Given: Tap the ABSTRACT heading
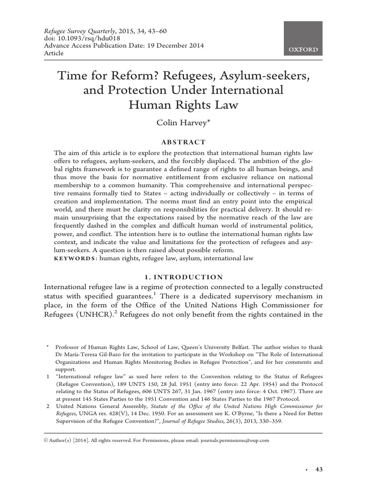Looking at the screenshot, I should pyautogui.click(x=183, y=142).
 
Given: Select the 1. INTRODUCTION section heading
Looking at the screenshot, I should pyautogui.click(x=183, y=277).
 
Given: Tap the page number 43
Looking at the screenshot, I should pyautogui.click(x=319, y=469).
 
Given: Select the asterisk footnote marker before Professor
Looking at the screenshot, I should pyautogui.click(x=47, y=347).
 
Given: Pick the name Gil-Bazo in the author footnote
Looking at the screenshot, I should pyautogui.click(x=103, y=355).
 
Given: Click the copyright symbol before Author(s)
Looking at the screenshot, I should pyautogui.click(x=46, y=440).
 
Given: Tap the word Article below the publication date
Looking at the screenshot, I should pyautogui.click(x=54, y=53).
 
